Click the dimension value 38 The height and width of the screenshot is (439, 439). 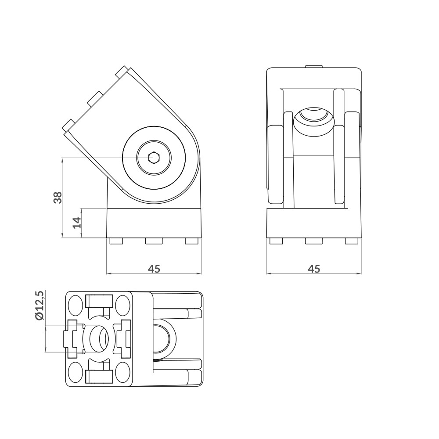click(x=58, y=198)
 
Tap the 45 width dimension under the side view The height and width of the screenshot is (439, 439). click(x=154, y=269)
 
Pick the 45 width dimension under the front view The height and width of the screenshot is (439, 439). click(x=314, y=269)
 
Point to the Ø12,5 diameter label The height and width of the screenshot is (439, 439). click(x=40, y=306)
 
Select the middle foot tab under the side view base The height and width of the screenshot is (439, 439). click(x=154, y=241)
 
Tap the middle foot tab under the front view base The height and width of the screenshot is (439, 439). click(x=314, y=241)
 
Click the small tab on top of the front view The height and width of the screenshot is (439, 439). click(x=314, y=66)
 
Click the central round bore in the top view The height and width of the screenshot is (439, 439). click(x=99, y=338)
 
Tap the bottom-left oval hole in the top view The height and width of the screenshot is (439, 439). click(x=76, y=373)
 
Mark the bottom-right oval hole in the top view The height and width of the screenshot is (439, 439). click(x=123, y=373)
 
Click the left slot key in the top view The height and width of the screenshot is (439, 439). click(x=72, y=338)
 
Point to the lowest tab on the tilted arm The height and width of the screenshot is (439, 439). click(x=68, y=125)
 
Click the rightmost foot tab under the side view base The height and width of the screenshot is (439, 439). click(x=191, y=241)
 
